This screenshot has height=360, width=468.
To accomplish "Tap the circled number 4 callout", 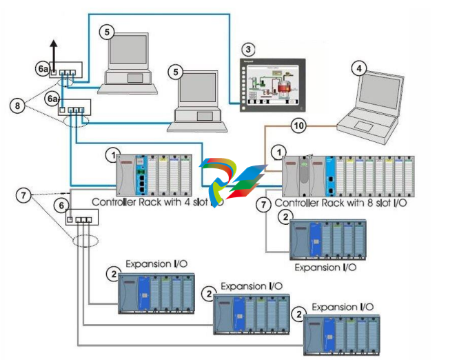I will [357, 68].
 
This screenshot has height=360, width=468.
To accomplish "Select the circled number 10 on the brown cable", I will [298, 126].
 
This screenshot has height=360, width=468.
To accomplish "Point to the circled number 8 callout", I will [19, 106].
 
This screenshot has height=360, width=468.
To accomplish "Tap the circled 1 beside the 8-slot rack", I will [278, 152].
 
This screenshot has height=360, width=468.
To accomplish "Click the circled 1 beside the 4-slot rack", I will [111, 154].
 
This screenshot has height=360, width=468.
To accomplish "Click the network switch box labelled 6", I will [81, 219].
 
